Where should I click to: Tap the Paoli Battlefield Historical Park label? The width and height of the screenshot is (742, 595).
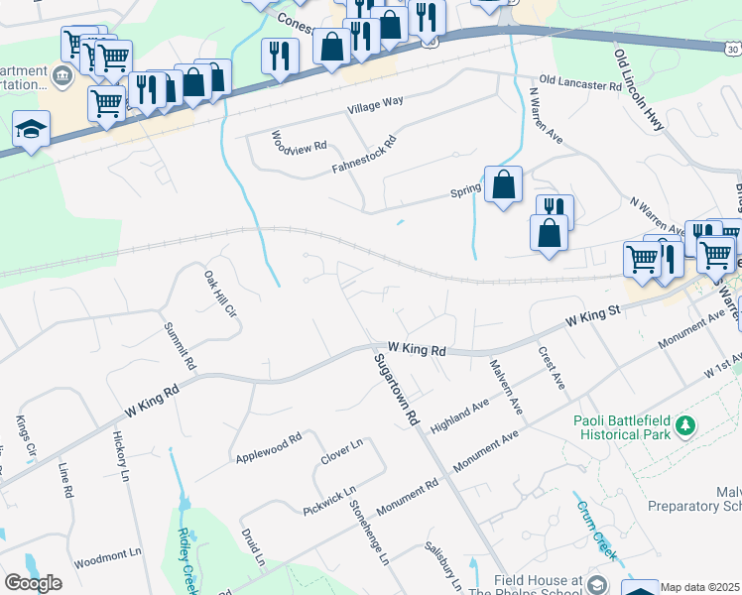click(621, 425)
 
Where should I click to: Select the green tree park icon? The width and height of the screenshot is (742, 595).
click(684, 425)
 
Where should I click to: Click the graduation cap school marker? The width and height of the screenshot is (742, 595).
click(32, 130)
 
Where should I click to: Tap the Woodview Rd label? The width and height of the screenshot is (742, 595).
click(299, 140)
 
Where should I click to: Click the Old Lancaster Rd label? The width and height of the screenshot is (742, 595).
click(580, 86)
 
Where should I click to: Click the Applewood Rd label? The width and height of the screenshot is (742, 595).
click(269, 448)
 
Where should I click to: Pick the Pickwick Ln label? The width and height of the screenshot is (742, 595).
click(329, 501)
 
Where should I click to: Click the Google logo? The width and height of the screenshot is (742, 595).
click(33, 583)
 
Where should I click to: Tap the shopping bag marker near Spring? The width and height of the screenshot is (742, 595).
click(503, 183)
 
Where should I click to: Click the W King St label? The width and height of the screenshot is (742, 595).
click(594, 317)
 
